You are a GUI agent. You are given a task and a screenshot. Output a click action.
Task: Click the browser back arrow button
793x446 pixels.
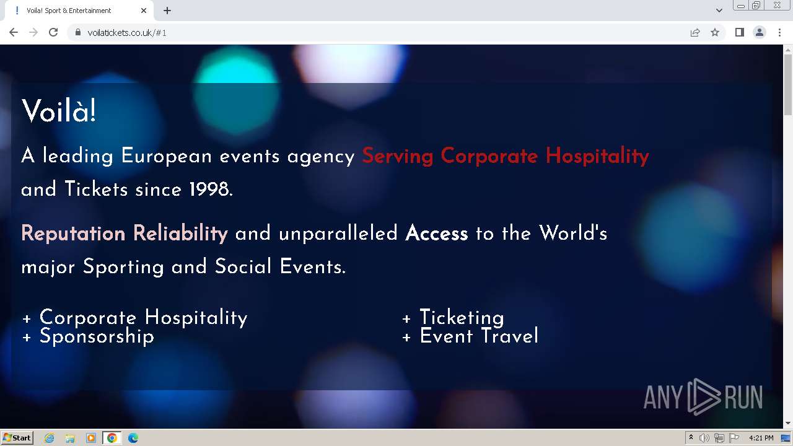(x=14, y=33)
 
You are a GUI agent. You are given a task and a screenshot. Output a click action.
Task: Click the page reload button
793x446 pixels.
(x=53, y=33)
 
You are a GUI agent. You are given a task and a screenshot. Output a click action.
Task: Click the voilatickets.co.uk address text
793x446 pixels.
(x=127, y=33)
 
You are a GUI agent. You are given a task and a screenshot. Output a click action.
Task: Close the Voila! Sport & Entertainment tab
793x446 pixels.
(x=143, y=11)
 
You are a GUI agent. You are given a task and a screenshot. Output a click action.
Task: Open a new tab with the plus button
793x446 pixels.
(x=167, y=11)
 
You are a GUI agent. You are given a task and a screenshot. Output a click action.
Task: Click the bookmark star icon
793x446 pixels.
(x=715, y=33)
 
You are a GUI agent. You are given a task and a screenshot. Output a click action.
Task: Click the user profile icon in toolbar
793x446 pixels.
(x=759, y=33)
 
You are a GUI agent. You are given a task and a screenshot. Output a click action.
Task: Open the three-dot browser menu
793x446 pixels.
(x=779, y=33)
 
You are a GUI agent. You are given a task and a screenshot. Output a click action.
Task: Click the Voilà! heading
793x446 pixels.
(x=59, y=111)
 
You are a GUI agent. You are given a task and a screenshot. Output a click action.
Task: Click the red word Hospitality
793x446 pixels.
(x=597, y=155)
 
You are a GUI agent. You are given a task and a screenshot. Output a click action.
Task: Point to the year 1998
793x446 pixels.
(x=211, y=189)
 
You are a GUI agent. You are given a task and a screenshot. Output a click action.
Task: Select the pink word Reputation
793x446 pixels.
(x=73, y=234)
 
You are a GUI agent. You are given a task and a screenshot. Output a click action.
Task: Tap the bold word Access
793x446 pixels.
(x=437, y=234)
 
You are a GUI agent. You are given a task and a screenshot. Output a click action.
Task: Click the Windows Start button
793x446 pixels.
(x=17, y=438)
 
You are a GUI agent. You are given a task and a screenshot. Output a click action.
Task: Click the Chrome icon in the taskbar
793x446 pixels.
(x=112, y=438)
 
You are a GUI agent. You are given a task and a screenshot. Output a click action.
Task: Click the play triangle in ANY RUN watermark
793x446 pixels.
(x=704, y=397)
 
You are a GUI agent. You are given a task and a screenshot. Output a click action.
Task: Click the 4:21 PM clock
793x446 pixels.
(x=761, y=438)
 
